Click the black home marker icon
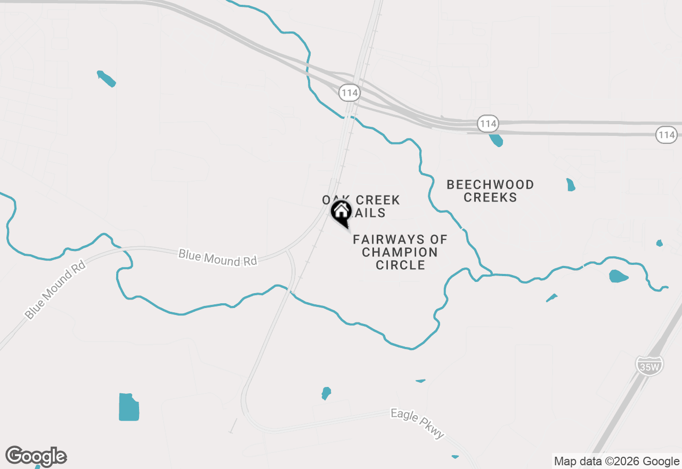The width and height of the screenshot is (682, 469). click(341, 212)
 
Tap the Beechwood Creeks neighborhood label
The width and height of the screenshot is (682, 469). click(490, 191)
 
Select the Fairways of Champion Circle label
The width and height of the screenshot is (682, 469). click(400, 252)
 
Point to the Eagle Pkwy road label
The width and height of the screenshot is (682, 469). click(417, 424)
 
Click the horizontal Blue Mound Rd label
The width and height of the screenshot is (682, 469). click(217, 257)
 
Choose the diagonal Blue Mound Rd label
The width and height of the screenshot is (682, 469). click(55, 289)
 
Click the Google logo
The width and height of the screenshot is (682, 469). click(36, 457)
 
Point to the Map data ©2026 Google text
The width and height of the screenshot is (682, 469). click(616, 462)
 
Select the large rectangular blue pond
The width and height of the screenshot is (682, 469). click(129, 407)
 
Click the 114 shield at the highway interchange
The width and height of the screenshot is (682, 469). click(350, 93)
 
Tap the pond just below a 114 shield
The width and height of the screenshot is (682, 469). click(496, 140)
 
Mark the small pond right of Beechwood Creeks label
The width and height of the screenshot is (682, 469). click(571, 185)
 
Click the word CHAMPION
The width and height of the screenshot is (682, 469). click(400, 252)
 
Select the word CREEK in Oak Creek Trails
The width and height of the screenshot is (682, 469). click(377, 200)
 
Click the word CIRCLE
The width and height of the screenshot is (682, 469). click(400, 265)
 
